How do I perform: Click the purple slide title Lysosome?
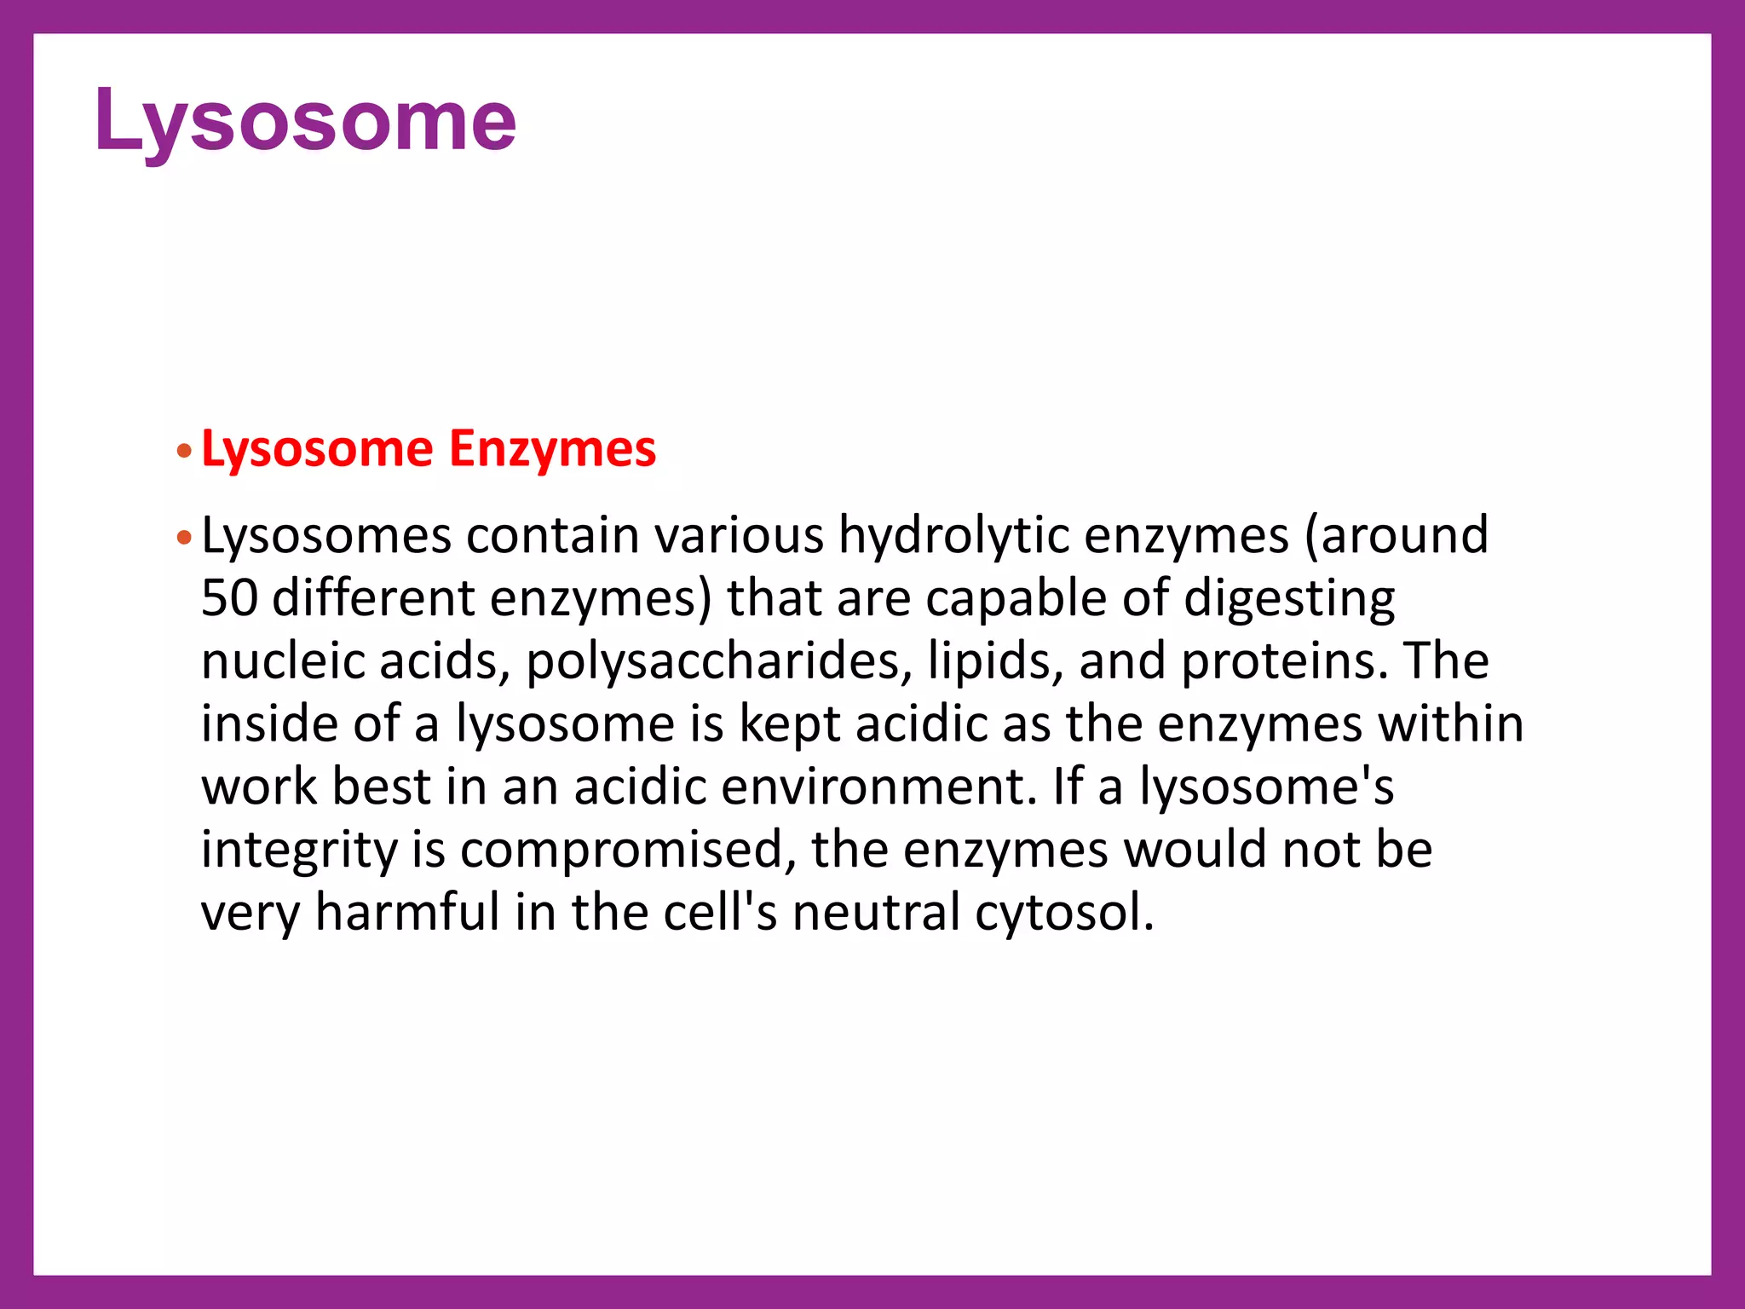[x=305, y=121]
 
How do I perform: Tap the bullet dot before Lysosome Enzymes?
[x=184, y=451]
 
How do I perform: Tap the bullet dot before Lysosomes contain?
[x=184, y=538]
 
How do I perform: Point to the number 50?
[x=229, y=598]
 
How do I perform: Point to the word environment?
[x=878, y=787]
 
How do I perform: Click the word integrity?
[x=298, y=851]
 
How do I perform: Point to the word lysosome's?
[x=1266, y=787]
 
